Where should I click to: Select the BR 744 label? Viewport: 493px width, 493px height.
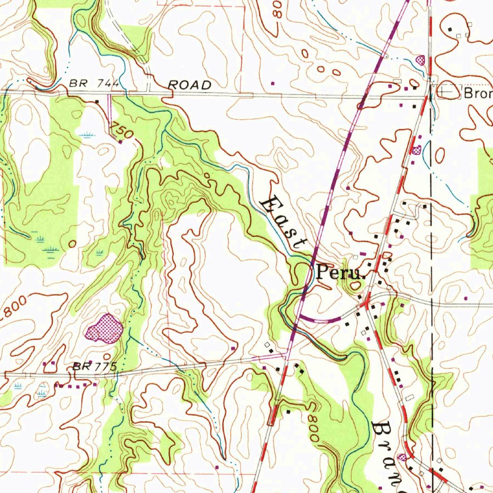pyautogui.click(x=94, y=83)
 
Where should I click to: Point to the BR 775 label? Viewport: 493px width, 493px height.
pyautogui.click(x=95, y=367)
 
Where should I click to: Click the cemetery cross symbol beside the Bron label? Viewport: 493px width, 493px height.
pyautogui.click(x=446, y=91)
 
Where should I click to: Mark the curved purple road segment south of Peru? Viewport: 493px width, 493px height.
pyautogui.click(x=320, y=320)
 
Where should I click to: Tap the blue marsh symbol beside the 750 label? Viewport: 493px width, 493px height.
pyautogui.click(x=87, y=135)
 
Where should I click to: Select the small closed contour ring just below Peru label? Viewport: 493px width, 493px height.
pyautogui.click(x=355, y=286)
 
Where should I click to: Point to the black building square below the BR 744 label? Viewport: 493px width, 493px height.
pyautogui.click(x=97, y=102)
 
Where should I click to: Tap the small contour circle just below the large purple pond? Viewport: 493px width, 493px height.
pyautogui.click(x=107, y=356)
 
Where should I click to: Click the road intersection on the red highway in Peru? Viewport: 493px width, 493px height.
pyautogui.click(x=366, y=303)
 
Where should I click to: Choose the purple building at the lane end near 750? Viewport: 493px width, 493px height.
pyautogui.click(x=120, y=142)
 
